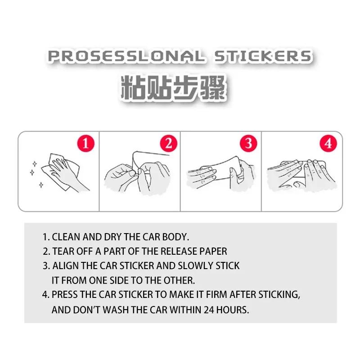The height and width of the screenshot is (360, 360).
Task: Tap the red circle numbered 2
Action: (x=168, y=144)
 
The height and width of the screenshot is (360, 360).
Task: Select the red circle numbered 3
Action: (x=248, y=144)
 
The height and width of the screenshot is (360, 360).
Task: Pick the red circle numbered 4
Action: (x=328, y=144)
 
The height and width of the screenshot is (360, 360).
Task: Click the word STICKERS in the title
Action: (x=262, y=56)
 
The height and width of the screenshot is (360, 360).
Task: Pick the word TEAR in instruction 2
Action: (x=63, y=251)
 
